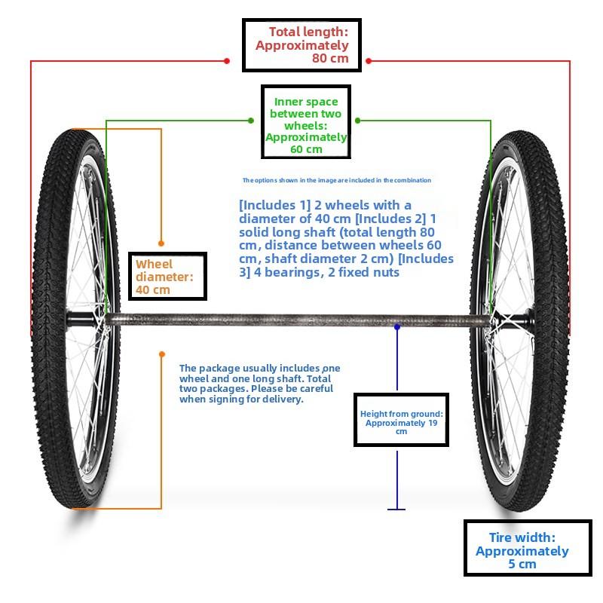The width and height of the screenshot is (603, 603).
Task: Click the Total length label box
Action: tap(301, 45)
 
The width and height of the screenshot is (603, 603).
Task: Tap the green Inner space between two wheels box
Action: tap(306, 121)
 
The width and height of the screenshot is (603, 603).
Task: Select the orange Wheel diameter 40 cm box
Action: tap(167, 276)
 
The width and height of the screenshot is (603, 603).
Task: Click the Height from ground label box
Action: tap(401, 420)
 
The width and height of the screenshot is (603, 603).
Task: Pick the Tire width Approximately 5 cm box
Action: tap(528, 548)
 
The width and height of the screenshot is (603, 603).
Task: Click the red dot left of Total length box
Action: tap(227, 61)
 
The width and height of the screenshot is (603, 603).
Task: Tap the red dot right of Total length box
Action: tap(369, 61)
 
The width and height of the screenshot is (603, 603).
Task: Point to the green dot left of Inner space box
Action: tap(251, 121)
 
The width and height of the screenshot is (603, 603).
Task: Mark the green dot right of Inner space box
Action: tap(357, 121)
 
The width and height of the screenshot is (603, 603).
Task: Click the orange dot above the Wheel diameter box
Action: tap(161, 243)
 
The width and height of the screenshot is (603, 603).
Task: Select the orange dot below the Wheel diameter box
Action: tap(162, 354)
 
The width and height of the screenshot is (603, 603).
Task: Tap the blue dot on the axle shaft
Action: tap(397, 327)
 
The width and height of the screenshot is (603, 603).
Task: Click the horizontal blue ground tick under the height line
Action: tap(396, 510)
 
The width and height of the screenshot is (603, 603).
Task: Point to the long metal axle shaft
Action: tap(297, 320)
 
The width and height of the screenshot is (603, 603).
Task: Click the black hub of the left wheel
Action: tap(80, 320)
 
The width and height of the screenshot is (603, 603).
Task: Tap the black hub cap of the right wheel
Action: tap(521, 320)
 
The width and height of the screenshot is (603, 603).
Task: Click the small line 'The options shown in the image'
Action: tap(336, 180)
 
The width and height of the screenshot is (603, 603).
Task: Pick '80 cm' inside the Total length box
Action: tap(330, 59)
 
